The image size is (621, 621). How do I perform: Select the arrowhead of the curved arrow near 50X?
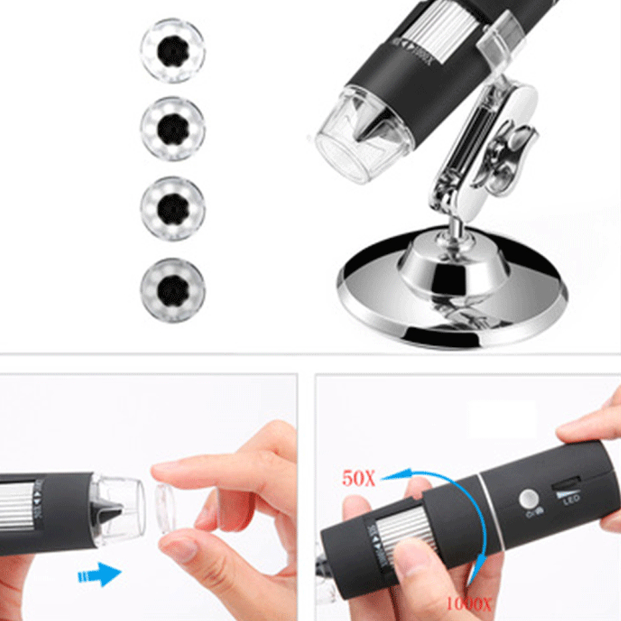[x=388, y=476]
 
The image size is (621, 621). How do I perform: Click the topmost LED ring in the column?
[x=172, y=50]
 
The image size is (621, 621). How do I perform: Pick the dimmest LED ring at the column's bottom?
[x=172, y=290]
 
